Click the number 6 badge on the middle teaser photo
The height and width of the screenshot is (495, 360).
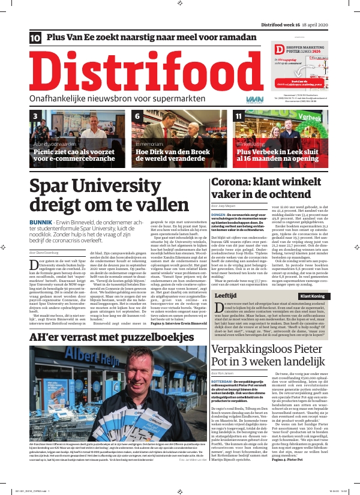click(137, 116)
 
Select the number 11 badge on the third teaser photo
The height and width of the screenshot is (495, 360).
click(239, 116)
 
